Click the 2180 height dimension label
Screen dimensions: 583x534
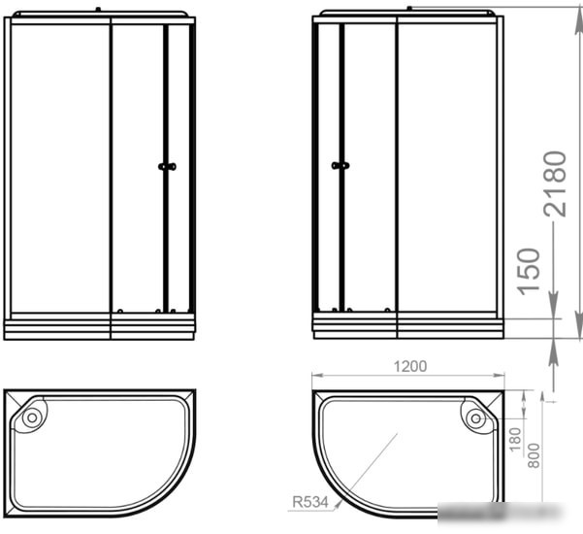[555, 184]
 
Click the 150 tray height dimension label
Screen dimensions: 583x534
[529, 272]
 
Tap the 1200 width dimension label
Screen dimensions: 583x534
[410, 367]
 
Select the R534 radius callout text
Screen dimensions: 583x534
[310, 502]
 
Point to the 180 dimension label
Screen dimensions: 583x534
[515, 440]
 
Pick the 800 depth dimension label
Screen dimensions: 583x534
[534, 455]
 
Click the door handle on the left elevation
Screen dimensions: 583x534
[167, 167]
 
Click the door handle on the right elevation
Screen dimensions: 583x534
[340, 165]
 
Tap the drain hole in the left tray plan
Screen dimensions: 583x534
[32, 417]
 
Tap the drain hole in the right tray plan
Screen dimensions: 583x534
[475, 418]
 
